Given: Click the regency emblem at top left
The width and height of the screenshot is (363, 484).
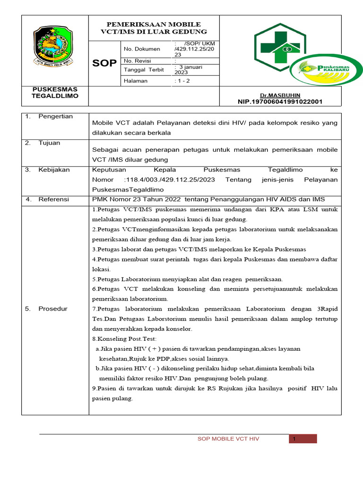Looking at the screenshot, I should point(53,46).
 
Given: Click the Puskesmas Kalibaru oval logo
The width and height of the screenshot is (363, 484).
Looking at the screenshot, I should point(326,72).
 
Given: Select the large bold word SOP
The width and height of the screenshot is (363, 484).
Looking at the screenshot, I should point(104,63).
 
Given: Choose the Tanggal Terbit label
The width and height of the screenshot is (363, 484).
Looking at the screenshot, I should point(144,69).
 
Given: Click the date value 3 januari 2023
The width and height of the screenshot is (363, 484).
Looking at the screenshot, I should point(189,69).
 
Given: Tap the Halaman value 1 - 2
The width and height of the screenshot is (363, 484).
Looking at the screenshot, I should point(182,81).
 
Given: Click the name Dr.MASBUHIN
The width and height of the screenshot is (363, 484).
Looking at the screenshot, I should point(284,95).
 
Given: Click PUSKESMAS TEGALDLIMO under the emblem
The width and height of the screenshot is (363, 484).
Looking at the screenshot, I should point(55,93).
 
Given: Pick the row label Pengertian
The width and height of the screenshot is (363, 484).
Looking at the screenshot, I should point(55,116).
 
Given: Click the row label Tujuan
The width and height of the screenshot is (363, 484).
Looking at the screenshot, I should point(49,143).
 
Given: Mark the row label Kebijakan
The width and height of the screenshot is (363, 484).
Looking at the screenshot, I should point(54,169).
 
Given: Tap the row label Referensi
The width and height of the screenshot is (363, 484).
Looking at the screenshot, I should point(53,199).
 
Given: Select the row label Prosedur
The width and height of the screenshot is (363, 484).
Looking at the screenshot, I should point(53,309).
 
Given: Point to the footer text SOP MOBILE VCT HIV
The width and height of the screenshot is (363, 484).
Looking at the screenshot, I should point(228,439).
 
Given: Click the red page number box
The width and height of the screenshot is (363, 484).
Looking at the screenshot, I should point(302,439).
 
